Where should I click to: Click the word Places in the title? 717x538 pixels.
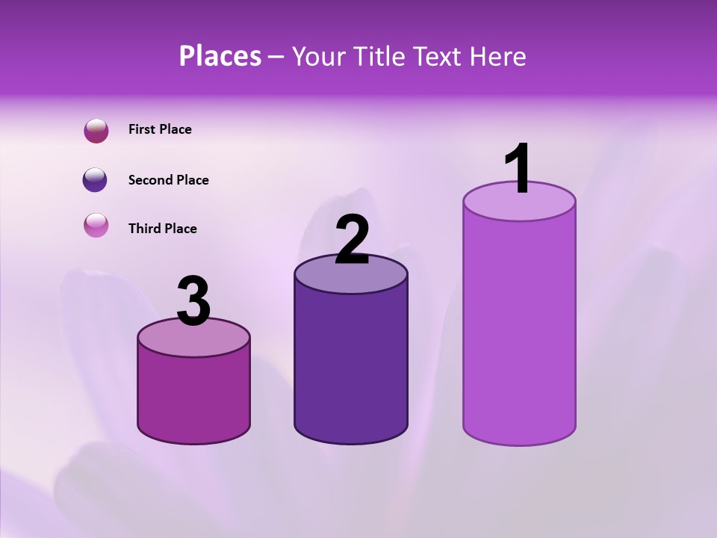click(220, 56)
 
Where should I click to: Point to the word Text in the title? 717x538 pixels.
click(440, 56)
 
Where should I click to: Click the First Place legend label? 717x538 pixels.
click(160, 129)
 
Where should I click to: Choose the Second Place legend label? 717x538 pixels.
click(168, 180)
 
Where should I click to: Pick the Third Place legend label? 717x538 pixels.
click(162, 229)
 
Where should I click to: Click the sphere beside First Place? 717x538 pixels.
click(96, 131)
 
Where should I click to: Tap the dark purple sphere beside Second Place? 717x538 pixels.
click(96, 180)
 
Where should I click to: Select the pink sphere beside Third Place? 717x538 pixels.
click(96, 225)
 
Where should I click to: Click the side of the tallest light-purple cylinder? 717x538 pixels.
click(519, 329)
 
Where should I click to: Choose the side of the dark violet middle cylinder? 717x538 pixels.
click(351, 366)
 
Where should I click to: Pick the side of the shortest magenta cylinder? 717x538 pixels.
click(193, 396)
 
